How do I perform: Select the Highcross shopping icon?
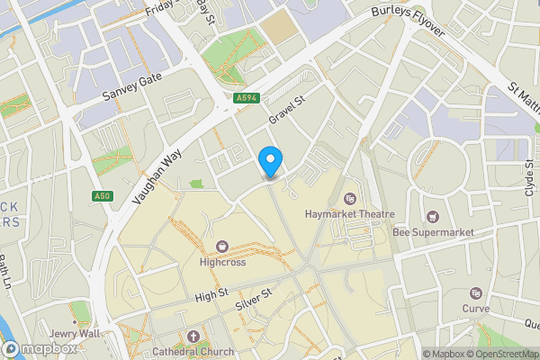point(221,246)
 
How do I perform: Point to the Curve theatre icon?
point(474,293)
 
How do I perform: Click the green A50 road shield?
point(101,196)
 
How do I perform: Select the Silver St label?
point(254,300)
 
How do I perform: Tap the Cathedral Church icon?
point(193,337)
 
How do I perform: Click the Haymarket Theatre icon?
point(350,198)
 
